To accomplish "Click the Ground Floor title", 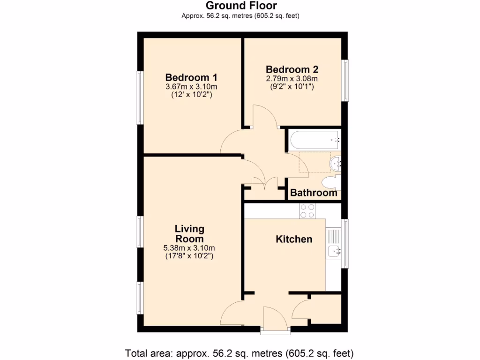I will coord(241,6).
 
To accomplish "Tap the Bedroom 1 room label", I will coord(191,77).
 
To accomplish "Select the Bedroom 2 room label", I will coord(292,69).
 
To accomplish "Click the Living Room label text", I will coord(189,233).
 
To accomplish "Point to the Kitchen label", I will coord(293,239).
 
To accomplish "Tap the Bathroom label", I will coord(314,193).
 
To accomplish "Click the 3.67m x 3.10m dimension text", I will coord(191,87).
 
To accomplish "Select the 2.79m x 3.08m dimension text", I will coord(292,78).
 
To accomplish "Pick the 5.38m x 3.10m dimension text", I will coord(189,248).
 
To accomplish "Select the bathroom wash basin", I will coord(336,163).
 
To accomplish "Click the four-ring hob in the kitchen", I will coord(307,211).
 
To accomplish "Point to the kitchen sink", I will coord(334,251).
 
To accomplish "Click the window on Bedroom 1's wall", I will coord(140,97).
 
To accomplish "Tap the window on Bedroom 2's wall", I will coord(345,80).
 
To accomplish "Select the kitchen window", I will coord(345,244).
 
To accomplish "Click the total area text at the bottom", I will coord(239,352).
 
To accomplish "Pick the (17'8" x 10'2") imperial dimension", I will coord(189,256).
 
